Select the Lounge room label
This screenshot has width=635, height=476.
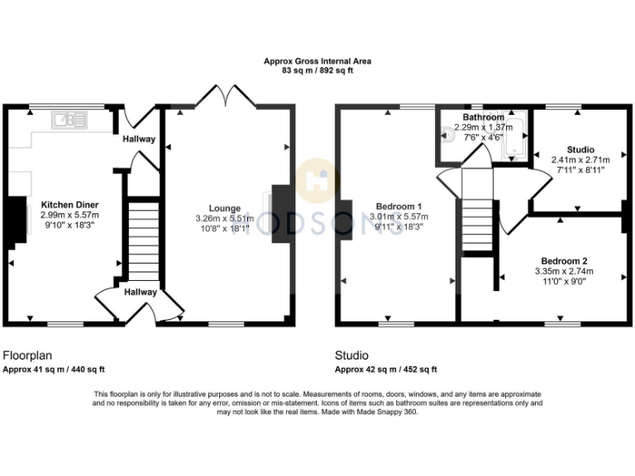pos(225,208)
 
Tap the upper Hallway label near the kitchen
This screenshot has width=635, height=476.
pos(139,139)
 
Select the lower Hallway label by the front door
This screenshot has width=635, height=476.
pos(140,292)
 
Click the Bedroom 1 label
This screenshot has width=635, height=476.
pos(399,206)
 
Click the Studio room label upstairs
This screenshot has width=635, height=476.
pos(580,150)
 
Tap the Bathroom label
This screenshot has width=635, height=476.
pos(484,118)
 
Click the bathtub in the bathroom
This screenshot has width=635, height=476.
pos(514,137)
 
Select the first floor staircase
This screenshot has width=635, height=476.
pos(477,223)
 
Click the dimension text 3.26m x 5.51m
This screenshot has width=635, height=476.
pos(225,218)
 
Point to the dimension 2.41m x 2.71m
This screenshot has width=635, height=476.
pos(580,160)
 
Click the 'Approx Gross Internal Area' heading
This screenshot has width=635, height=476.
pos(317,60)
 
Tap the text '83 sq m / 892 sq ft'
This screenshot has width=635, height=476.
pos(317,71)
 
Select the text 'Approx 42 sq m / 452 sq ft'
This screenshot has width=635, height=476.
pos(385,369)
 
